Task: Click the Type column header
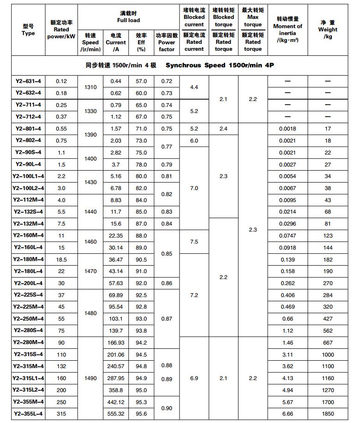click(28, 30)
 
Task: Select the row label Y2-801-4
click(28, 129)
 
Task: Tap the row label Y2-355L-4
click(28, 414)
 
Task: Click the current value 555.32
click(115, 414)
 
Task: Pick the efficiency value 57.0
click(141, 81)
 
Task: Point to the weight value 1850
click(328, 414)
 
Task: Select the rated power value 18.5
click(61, 260)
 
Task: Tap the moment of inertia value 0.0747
click(288, 236)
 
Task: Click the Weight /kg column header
click(328, 30)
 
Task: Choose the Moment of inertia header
click(288, 30)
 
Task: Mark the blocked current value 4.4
click(194, 87)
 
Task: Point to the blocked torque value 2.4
click(223, 129)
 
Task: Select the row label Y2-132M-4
click(28, 224)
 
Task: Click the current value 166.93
click(115, 343)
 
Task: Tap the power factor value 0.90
click(167, 408)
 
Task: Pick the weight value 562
click(328, 331)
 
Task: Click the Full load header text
click(128, 17)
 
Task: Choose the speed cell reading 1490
click(90, 378)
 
